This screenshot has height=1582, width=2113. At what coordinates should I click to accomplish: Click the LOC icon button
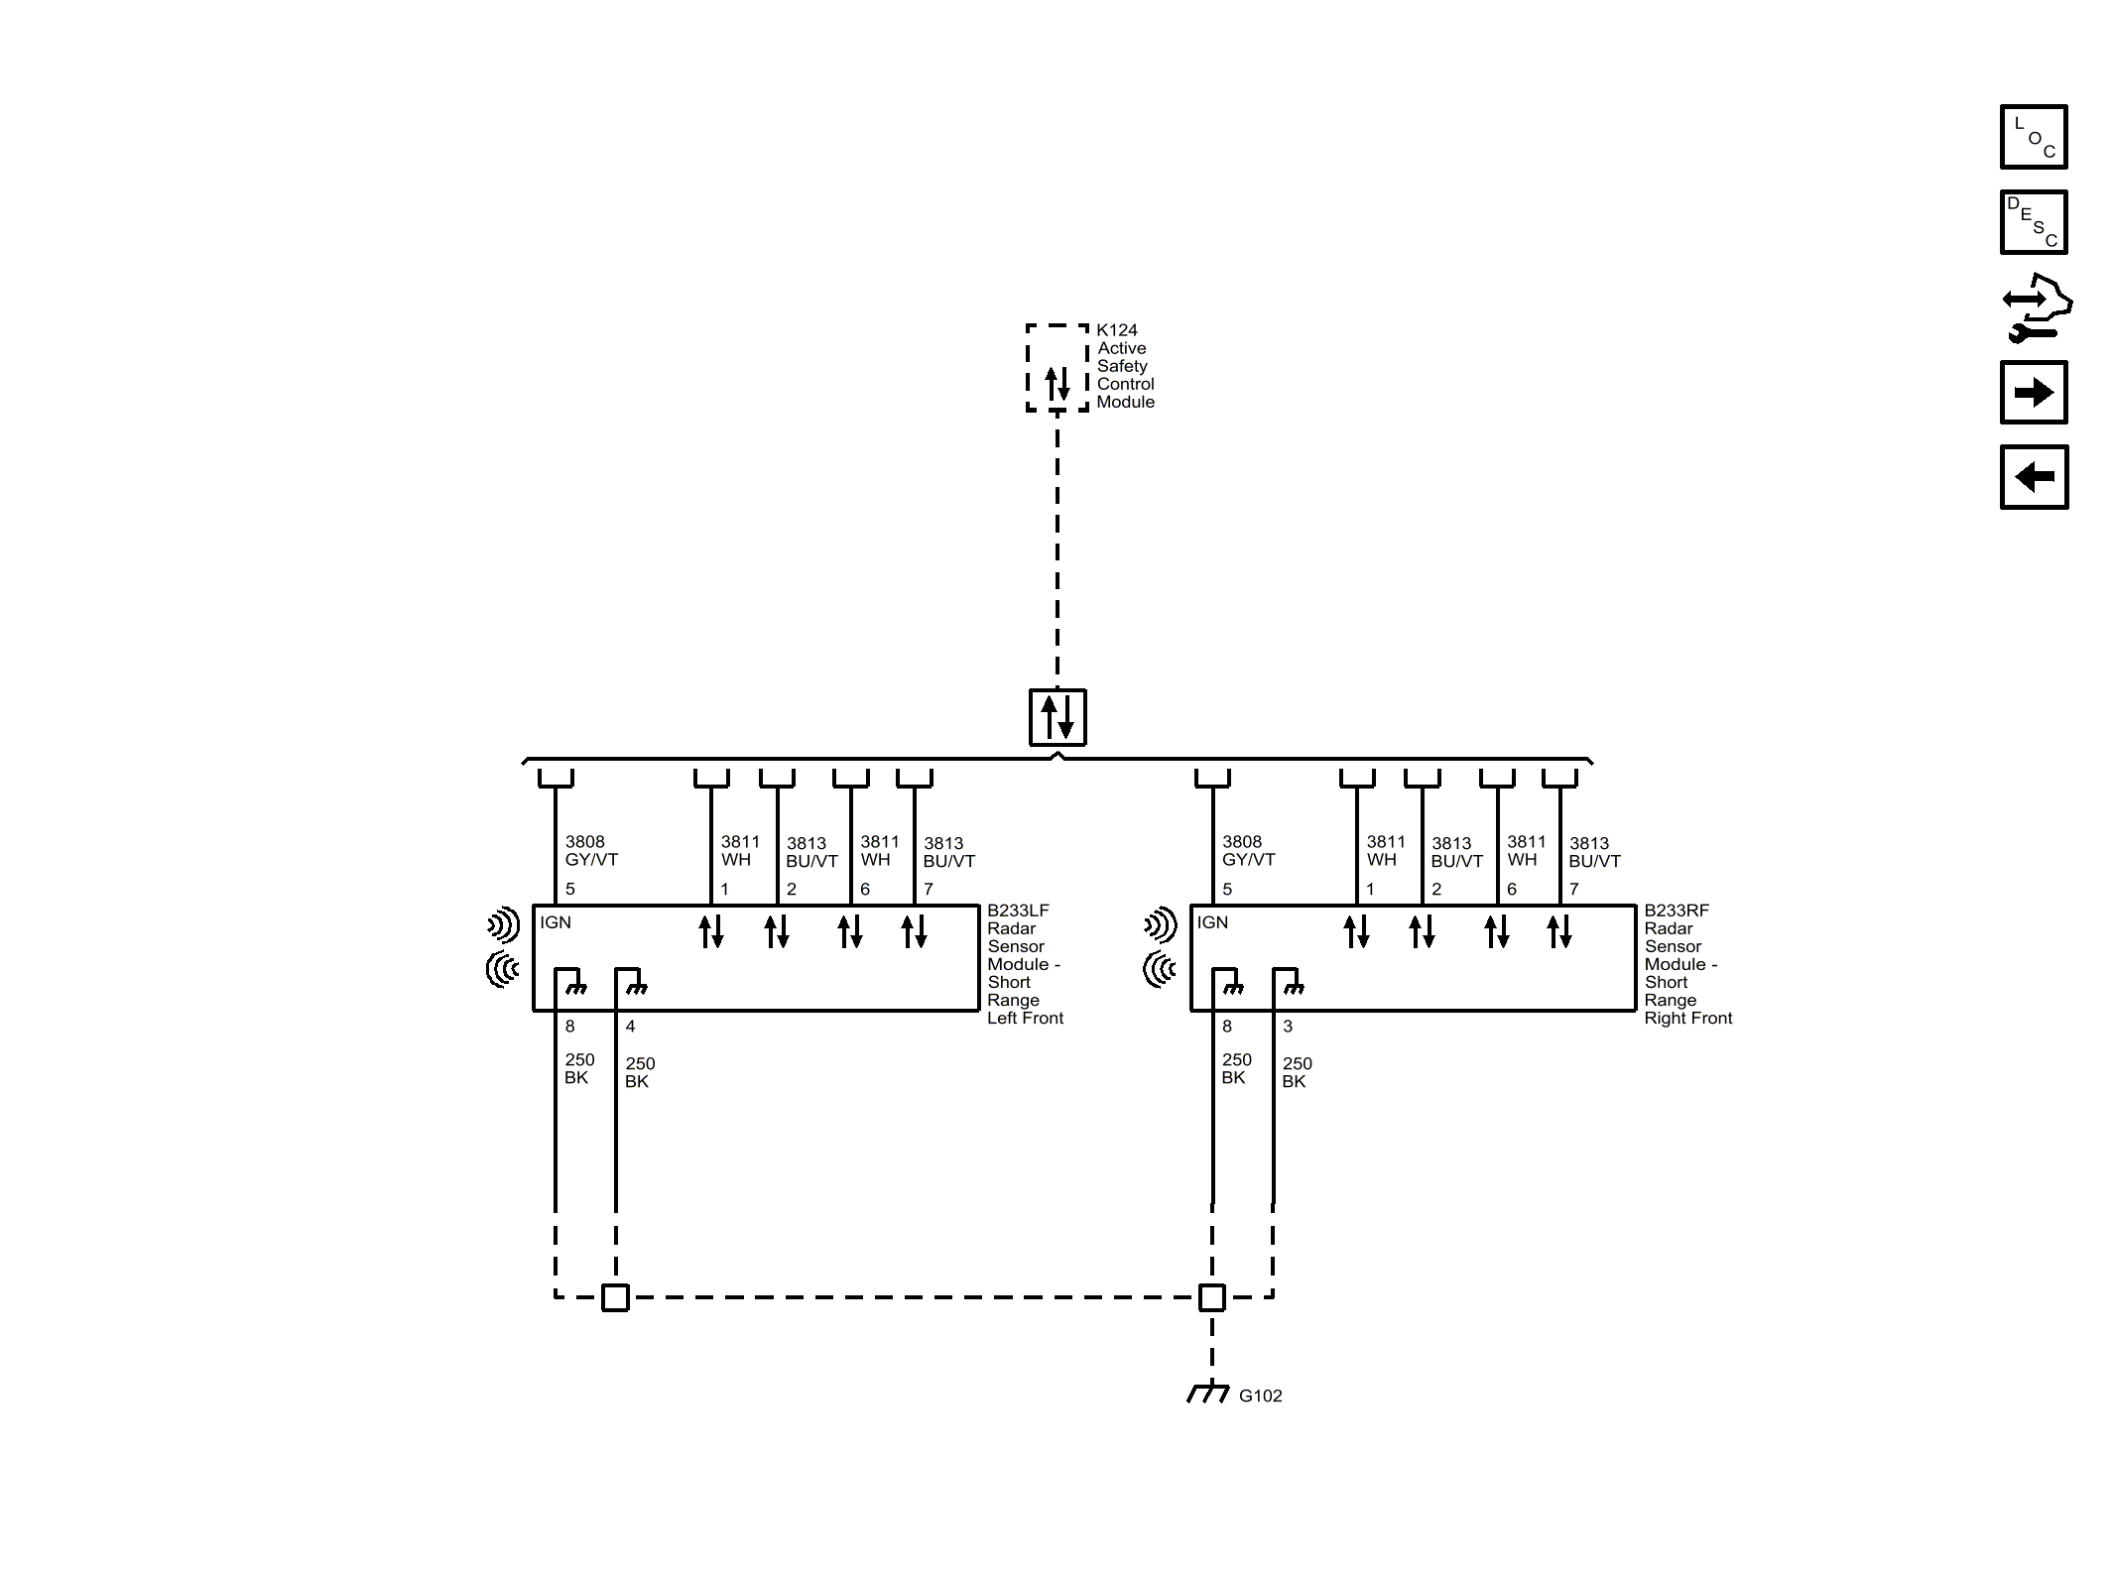pos(2033,137)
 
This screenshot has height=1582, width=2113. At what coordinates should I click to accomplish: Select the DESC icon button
pos(2033,222)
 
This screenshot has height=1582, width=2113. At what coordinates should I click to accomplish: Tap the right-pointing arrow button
pos(2033,393)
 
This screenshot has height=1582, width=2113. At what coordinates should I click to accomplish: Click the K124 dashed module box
pos(1057,368)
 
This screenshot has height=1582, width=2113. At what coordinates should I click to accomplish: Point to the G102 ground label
pos(1260,1396)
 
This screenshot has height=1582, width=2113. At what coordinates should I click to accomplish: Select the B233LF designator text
pos(1017,911)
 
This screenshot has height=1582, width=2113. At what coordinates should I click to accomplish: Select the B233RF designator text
pos(1677,911)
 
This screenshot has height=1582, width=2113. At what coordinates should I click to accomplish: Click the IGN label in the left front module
pos(556,922)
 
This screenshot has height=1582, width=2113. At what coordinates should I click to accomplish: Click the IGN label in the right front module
pos(1212,922)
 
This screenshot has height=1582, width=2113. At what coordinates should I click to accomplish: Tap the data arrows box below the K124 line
pos(1057,716)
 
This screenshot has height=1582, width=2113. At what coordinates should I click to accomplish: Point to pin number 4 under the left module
pos(630,1027)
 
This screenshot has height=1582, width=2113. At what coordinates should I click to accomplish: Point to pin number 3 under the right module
pos(1288,1027)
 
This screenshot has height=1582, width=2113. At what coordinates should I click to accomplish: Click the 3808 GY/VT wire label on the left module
pos(591,851)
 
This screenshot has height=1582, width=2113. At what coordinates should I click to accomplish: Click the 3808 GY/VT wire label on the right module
pos(1248,851)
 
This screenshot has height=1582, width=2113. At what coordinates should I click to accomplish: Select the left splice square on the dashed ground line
pos(615,1297)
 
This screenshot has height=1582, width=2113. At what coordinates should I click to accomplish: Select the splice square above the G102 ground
pos(1212,1297)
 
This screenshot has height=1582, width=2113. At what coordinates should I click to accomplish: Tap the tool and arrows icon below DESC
pos(2035,308)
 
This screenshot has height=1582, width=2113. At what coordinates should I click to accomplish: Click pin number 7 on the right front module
pos(1573,890)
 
